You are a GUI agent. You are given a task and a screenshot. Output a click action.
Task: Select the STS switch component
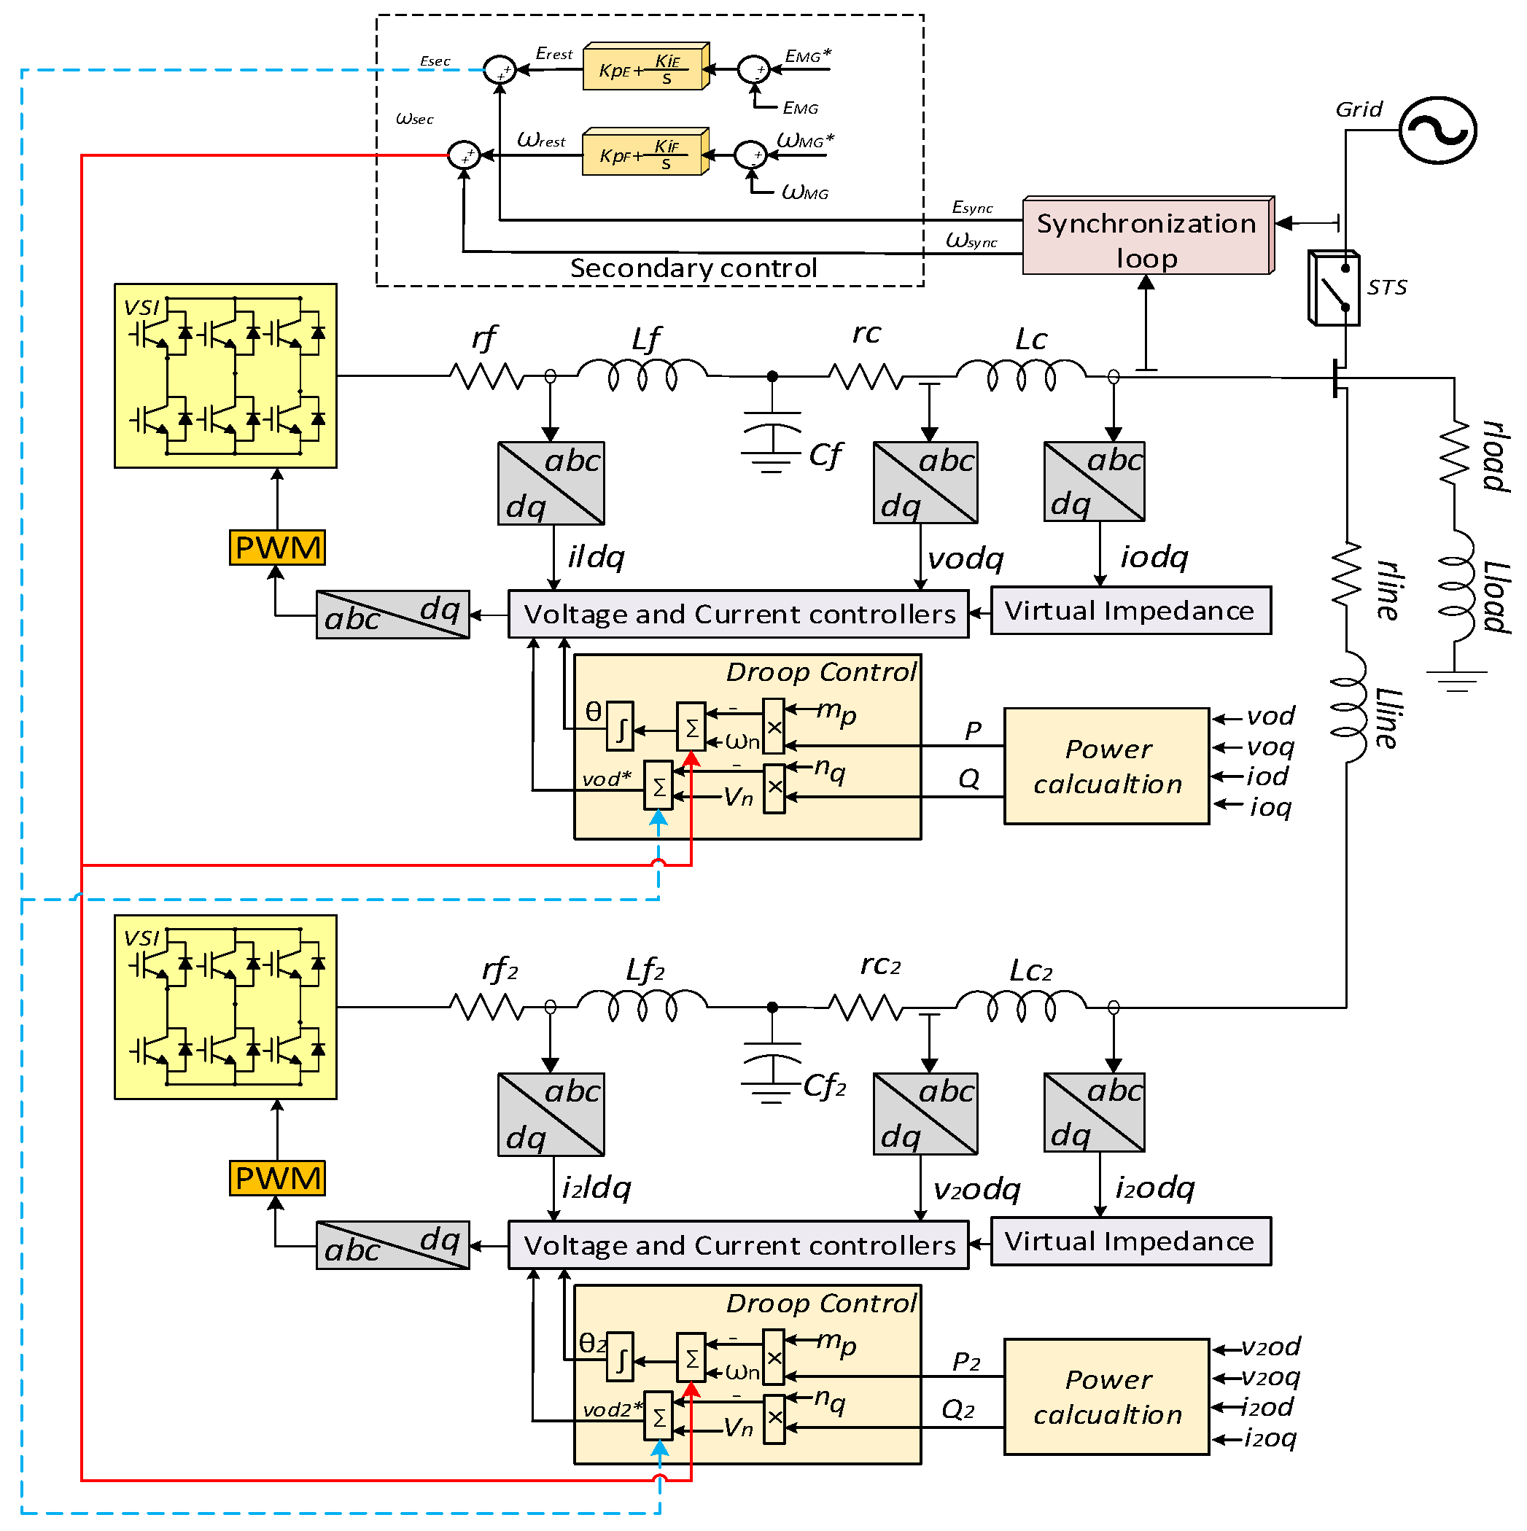click(1334, 289)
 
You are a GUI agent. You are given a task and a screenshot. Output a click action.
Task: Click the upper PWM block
click(278, 548)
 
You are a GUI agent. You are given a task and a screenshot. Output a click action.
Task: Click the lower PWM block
click(278, 1178)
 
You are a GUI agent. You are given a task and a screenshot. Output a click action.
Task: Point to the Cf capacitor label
click(825, 456)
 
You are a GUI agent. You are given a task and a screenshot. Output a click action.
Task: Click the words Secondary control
click(693, 268)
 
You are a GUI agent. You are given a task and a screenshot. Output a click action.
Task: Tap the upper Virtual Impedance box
click(1130, 610)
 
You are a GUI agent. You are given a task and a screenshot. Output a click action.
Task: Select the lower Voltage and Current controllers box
click(738, 1245)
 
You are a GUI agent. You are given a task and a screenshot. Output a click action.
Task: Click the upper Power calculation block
click(1107, 766)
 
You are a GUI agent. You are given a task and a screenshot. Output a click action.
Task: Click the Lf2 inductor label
click(645, 970)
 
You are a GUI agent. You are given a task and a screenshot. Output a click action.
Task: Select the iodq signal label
click(1154, 557)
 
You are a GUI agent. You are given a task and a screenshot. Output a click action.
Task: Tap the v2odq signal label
click(976, 1188)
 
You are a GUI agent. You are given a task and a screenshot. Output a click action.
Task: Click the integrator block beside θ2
click(620, 1361)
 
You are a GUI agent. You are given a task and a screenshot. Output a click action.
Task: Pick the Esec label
click(435, 61)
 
